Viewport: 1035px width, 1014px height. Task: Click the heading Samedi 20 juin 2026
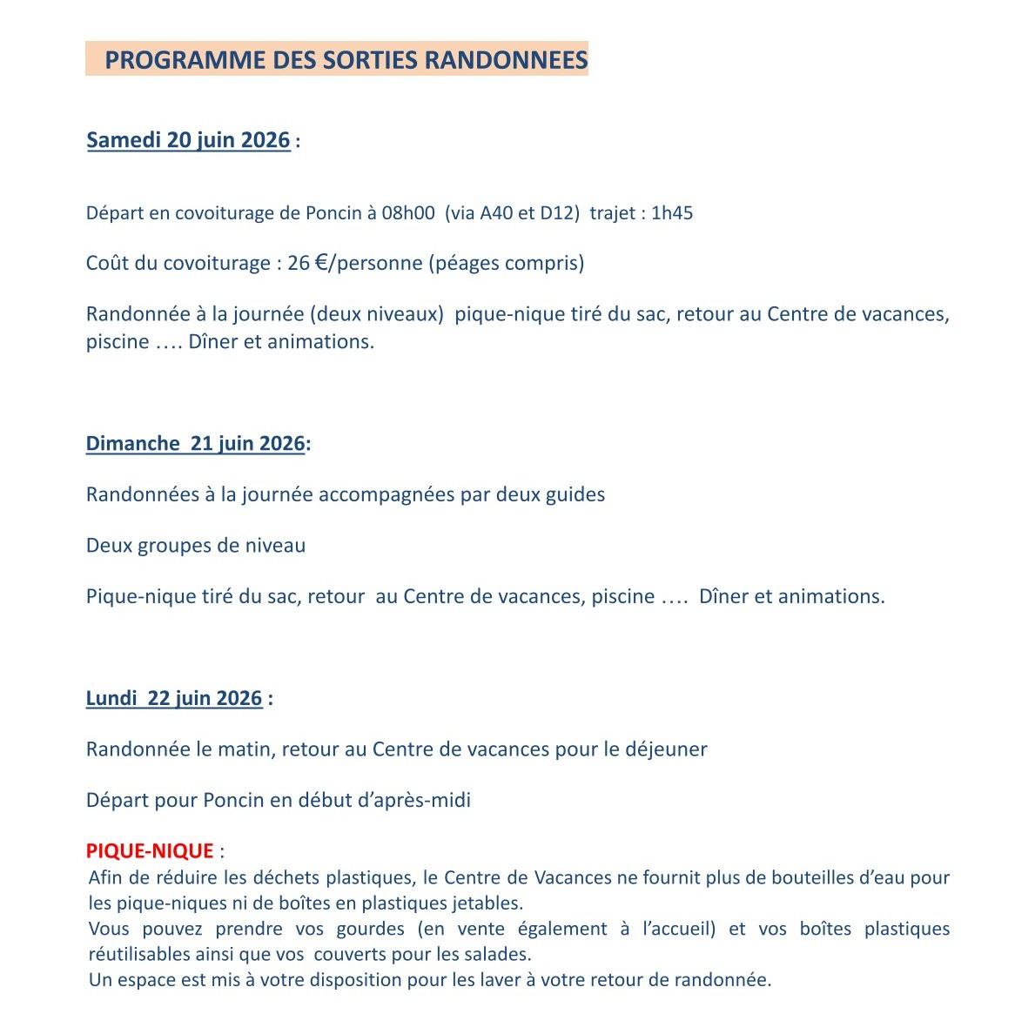[x=188, y=140]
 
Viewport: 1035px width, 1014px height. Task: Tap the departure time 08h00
[x=407, y=213]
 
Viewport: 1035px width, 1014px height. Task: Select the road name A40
[x=497, y=213]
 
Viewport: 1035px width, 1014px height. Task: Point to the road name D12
[x=557, y=213]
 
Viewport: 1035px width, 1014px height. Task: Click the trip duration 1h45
[x=672, y=213]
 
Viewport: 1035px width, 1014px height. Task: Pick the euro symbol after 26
[x=320, y=262]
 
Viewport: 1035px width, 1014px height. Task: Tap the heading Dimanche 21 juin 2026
[x=195, y=444]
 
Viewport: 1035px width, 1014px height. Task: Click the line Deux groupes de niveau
[x=196, y=546]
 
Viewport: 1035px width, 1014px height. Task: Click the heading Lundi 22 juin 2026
[x=174, y=698]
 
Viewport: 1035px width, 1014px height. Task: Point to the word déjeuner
[x=666, y=749]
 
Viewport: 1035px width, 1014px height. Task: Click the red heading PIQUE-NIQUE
[x=150, y=850]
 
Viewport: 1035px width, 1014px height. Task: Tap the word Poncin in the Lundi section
[x=233, y=800]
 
